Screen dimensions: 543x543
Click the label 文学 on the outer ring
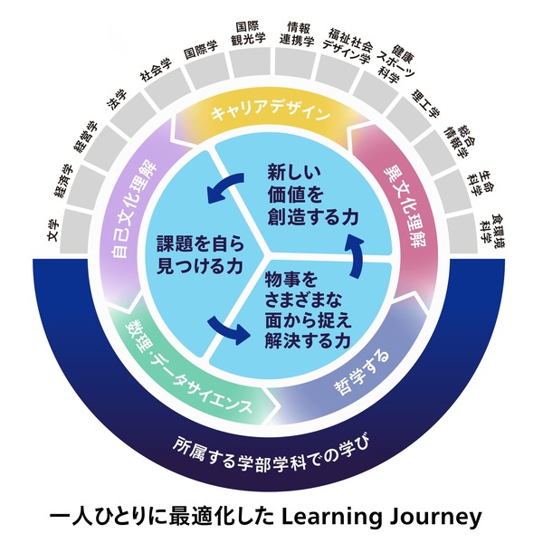pos(53,231)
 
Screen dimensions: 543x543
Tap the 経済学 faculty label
pos(64,181)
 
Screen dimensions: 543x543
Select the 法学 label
pos(118,100)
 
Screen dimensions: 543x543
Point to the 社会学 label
pos(157,70)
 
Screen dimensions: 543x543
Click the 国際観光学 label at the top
pos(248,33)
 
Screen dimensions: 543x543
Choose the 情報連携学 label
pos(297,34)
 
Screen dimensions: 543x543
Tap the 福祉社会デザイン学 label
pos(348,46)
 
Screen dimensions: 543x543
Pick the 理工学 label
pos(425,103)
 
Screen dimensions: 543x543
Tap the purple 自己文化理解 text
pos(134,210)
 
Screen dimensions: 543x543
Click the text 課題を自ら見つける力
pos(201,255)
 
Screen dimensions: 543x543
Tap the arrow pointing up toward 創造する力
pos(354,255)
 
